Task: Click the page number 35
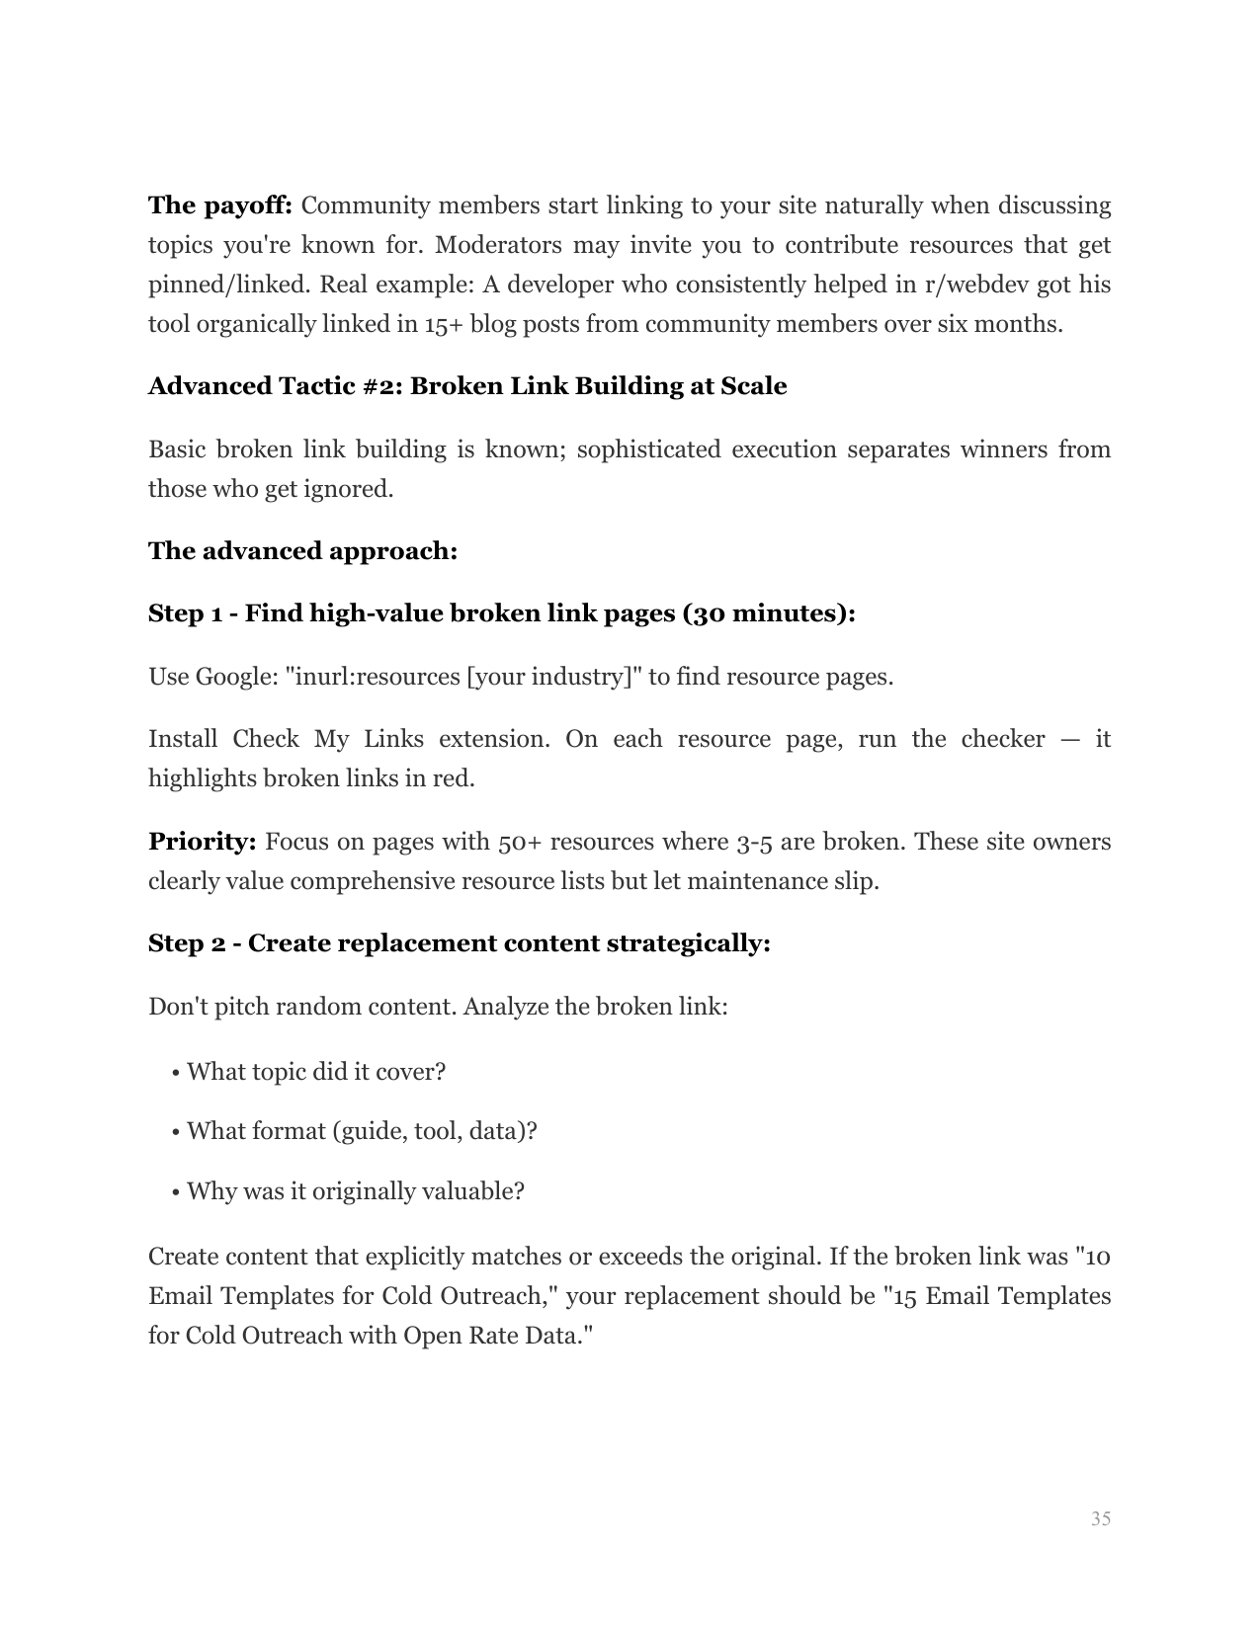pos(1100,1518)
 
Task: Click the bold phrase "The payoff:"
pos(219,206)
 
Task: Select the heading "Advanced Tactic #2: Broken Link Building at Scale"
pos(467,386)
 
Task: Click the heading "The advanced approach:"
pos(302,551)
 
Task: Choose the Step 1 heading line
pos(501,614)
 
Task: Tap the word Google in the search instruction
pos(236,678)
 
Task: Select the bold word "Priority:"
pos(203,843)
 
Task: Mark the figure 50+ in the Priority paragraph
pos(520,843)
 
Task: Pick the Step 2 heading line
pos(459,944)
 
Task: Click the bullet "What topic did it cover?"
pos(315,1073)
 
